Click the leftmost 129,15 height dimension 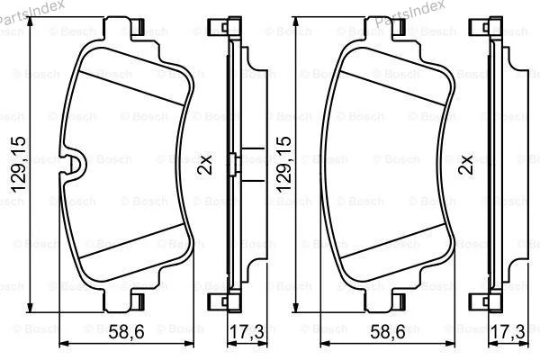click(19, 165)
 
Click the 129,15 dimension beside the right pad click(283, 165)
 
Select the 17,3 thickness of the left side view click(247, 332)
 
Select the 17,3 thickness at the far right click(508, 332)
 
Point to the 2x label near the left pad click(204, 165)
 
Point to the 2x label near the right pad click(465, 165)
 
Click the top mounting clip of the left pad click(138, 26)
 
